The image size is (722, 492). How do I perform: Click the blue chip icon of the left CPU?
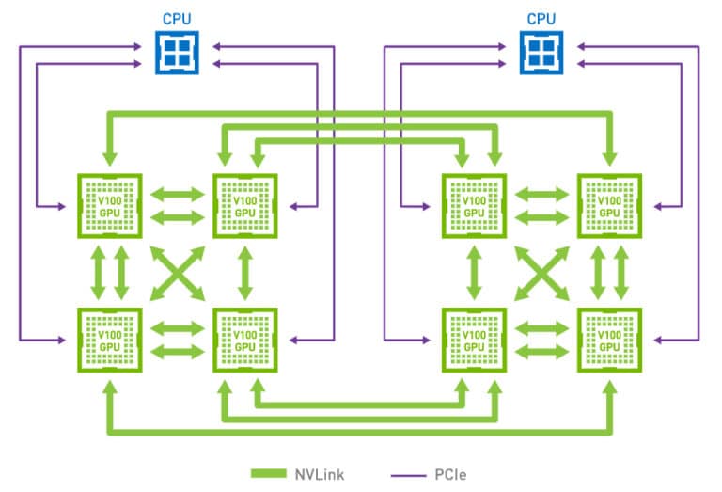click(177, 53)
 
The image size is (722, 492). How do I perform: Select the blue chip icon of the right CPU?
click(541, 53)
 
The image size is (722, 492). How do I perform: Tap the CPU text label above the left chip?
click(177, 19)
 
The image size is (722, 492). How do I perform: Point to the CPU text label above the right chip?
click(541, 19)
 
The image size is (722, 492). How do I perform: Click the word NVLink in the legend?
click(319, 474)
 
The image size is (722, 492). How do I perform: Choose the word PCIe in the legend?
click(450, 474)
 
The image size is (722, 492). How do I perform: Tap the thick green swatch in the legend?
click(269, 473)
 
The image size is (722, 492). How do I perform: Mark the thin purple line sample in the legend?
click(408, 475)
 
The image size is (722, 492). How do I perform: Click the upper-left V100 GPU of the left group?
click(110, 206)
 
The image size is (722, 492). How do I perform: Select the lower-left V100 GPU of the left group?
click(110, 340)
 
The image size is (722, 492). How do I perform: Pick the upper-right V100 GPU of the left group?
click(245, 206)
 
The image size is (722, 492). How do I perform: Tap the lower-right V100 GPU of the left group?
click(245, 340)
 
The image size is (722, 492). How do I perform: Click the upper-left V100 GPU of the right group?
click(474, 206)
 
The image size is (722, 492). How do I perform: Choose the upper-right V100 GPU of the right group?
click(609, 206)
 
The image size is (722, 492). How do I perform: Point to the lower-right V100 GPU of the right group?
click(609, 340)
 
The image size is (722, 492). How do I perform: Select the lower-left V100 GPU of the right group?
click(474, 340)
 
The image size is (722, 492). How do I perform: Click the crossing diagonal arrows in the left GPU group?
click(178, 273)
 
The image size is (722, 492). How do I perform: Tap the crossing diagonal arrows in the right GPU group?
click(541, 273)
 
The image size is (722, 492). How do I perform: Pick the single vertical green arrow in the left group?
click(245, 273)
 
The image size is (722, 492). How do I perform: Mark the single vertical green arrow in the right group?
click(474, 273)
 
